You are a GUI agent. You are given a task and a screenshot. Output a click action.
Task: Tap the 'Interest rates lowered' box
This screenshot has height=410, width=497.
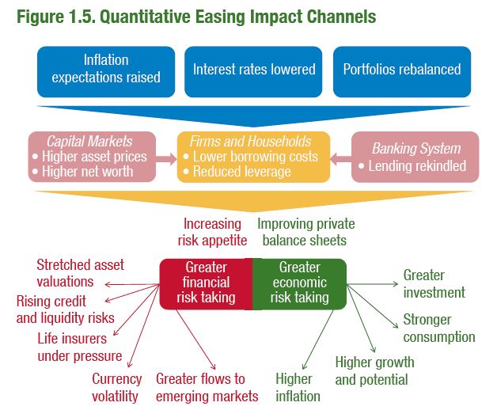254,70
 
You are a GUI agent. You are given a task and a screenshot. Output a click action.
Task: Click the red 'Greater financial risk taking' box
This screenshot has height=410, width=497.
206,283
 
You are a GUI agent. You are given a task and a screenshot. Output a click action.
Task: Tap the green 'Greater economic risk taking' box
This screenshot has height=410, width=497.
299,283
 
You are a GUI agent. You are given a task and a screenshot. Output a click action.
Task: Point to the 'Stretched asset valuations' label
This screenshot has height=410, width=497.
80,272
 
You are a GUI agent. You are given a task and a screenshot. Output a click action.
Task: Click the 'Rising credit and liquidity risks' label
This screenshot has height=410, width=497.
65,309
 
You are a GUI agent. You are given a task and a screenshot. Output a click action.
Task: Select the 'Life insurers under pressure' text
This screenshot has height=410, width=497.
79,347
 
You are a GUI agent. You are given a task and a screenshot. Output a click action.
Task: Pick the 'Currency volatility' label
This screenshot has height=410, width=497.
116,388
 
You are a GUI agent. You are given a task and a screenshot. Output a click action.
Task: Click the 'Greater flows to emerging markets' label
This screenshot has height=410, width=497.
207,388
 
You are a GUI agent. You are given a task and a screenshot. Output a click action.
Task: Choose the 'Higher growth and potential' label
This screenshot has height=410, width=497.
374,370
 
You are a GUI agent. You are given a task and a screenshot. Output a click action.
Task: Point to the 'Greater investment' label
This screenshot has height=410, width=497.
434,284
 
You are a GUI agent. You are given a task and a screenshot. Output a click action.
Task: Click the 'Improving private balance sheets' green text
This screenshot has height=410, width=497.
302,232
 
